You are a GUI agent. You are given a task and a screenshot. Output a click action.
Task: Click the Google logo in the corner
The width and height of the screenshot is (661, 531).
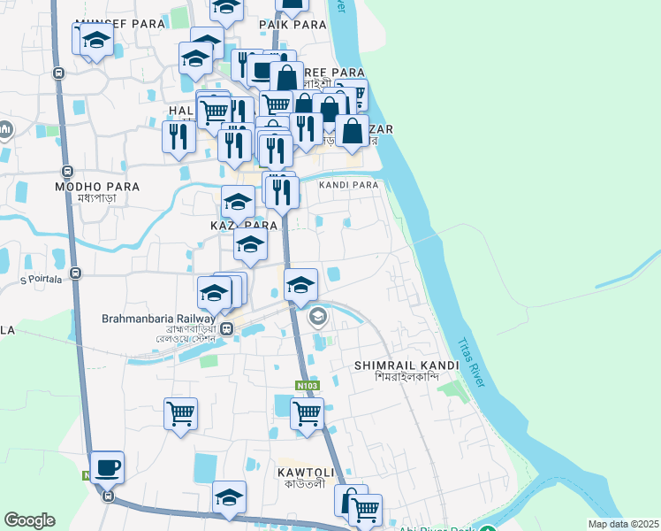(30, 520)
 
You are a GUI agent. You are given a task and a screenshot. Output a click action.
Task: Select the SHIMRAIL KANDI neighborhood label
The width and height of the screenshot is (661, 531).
(406, 365)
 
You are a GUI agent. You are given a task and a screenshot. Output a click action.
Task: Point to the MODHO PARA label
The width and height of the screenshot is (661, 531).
(86, 187)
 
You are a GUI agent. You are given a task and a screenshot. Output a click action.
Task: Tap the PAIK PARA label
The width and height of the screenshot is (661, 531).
(293, 24)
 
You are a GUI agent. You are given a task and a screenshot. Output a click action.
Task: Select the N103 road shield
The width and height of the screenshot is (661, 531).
(306, 385)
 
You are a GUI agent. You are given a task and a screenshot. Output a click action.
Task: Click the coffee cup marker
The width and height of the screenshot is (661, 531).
(107, 466)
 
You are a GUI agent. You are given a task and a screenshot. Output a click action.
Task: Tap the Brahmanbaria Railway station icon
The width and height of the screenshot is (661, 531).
(227, 330)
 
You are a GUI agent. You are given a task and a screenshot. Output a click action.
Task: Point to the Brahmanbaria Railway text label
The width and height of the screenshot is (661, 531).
(158, 318)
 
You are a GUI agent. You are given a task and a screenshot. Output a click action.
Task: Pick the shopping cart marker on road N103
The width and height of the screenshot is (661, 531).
(307, 412)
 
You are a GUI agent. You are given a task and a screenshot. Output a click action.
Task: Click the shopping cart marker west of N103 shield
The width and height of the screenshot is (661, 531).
(180, 412)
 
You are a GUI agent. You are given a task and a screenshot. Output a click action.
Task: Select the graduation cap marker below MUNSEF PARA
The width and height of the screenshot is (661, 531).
(96, 41)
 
